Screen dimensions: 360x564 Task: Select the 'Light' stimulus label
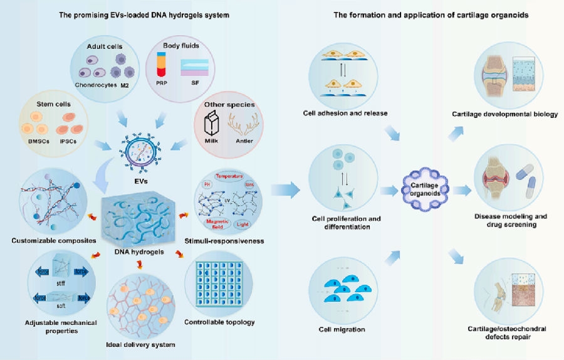(242, 223)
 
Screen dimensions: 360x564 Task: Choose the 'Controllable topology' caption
(219, 322)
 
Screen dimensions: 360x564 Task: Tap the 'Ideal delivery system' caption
(140, 345)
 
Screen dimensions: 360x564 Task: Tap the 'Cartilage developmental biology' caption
(504, 114)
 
